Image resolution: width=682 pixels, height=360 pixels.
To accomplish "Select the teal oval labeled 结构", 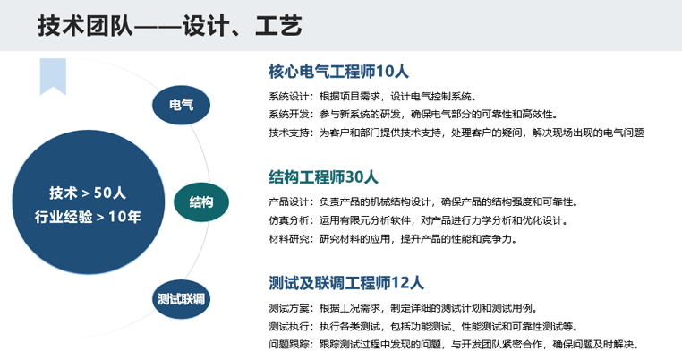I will (x=201, y=202).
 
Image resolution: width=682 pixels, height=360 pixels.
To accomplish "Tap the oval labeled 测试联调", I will (x=182, y=298).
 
